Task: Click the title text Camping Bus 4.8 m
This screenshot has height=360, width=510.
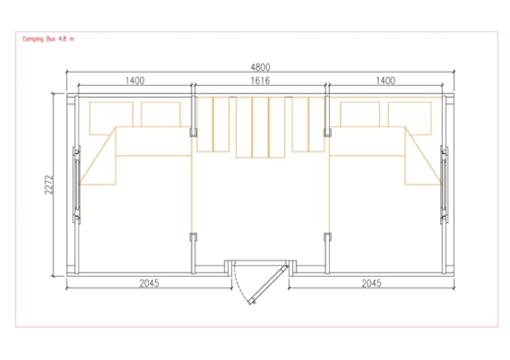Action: (x=48, y=39)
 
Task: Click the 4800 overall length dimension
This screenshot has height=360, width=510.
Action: (x=260, y=67)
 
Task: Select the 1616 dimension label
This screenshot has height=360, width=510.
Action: (x=260, y=81)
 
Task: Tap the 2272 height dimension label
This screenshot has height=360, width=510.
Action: (x=49, y=184)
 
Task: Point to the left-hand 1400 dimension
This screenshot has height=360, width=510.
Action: (x=135, y=81)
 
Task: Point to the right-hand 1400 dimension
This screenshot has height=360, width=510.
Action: (x=385, y=81)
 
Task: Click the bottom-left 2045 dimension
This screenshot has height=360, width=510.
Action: (x=150, y=284)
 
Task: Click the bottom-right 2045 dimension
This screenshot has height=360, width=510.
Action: (x=371, y=284)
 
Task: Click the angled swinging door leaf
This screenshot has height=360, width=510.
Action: (x=269, y=286)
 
